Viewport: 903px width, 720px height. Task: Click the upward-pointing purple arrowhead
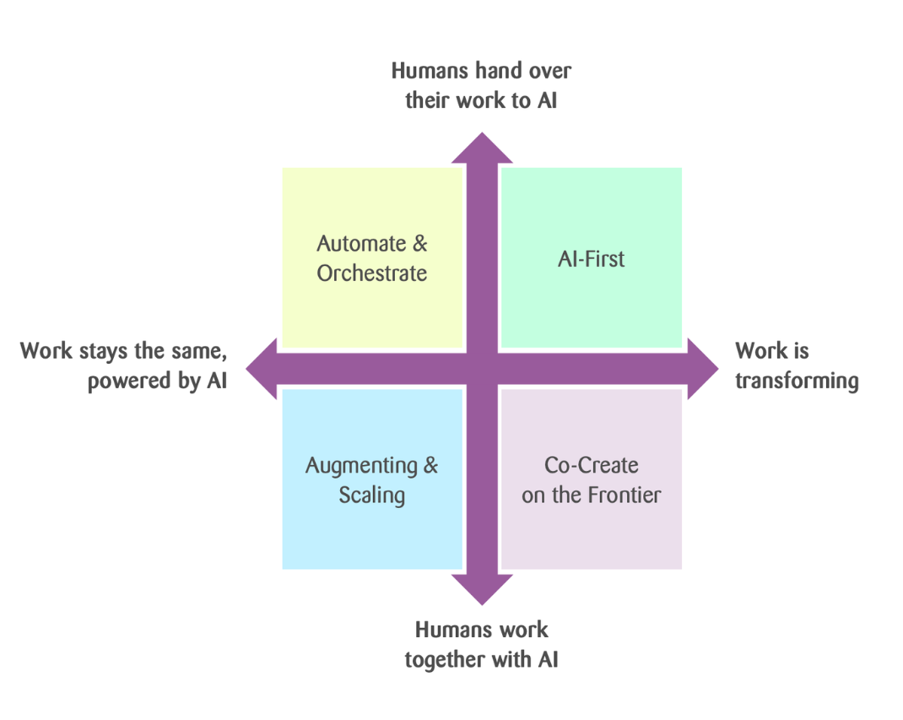point(482,150)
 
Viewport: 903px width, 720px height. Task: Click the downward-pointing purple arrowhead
point(482,587)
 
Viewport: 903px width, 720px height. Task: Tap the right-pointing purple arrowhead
point(701,369)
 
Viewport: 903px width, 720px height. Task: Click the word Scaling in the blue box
point(372,495)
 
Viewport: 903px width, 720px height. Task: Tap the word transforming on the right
point(796,382)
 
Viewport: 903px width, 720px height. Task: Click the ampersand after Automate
point(419,244)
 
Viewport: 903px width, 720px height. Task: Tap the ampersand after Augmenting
point(430,465)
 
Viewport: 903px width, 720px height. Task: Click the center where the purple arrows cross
point(482,369)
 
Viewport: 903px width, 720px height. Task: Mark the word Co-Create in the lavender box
point(591,465)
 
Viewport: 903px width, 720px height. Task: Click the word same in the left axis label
point(198,351)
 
